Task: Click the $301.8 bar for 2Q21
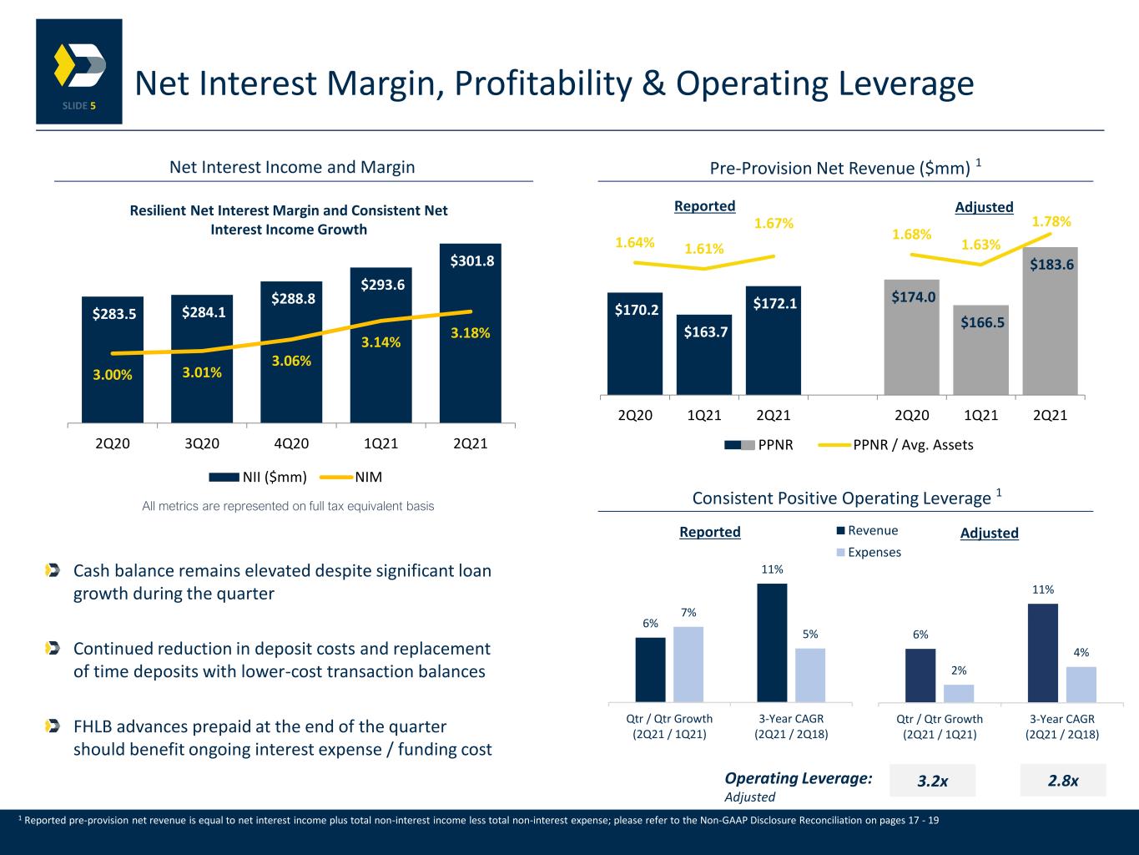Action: coord(470,333)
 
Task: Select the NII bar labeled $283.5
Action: coord(113,359)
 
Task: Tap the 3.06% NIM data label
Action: coord(291,361)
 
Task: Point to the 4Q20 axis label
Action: coord(291,443)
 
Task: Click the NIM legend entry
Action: coord(351,477)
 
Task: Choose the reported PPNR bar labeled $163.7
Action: coord(704,355)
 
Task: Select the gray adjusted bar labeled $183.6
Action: coord(1050,321)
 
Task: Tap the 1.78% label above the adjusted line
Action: coord(1051,221)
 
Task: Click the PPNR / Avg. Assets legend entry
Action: coord(895,445)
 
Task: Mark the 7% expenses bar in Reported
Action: coord(688,665)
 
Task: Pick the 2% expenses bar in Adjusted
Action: coord(959,694)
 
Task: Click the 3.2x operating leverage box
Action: coord(932,780)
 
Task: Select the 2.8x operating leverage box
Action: coord(1063,780)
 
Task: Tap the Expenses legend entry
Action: coord(869,552)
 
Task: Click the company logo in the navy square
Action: coord(80,65)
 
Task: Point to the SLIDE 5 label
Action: coord(79,106)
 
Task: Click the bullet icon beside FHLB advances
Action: coord(53,726)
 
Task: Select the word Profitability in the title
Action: coord(543,83)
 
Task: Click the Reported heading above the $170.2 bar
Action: coord(704,206)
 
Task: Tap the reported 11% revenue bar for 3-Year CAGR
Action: coord(772,643)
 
